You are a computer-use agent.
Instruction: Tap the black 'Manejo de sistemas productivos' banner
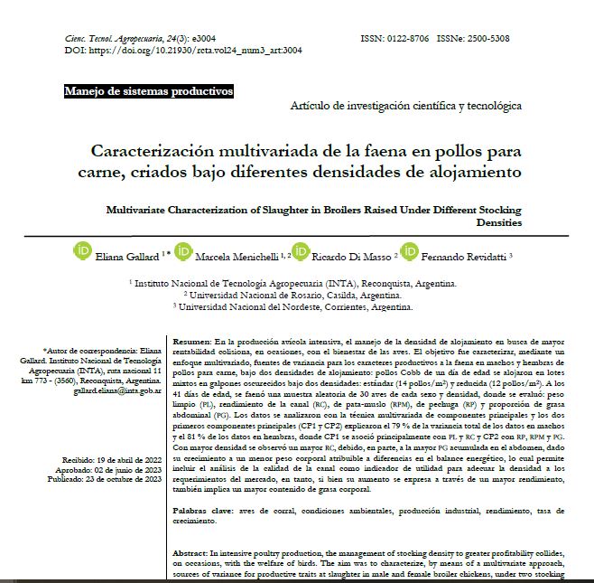point(149,91)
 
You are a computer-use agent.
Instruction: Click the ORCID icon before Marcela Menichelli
point(184,250)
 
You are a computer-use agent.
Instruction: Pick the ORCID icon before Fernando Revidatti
point(409,250)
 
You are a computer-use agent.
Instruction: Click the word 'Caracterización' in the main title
point(163,150)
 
